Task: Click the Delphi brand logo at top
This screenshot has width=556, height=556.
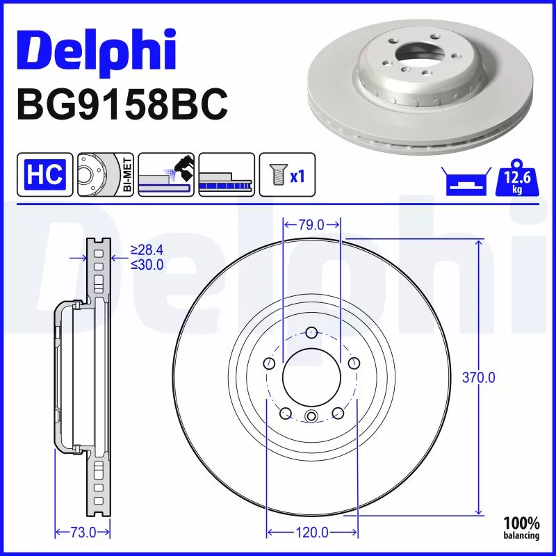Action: coord(96,49)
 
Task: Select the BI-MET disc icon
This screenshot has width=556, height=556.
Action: coord(105,174)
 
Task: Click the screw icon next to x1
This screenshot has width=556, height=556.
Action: coord(276,174)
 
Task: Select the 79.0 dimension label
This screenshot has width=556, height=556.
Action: coord(311,224)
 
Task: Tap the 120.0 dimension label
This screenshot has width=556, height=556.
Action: coord(311,532)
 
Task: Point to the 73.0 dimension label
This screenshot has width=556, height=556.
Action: coord(82,532)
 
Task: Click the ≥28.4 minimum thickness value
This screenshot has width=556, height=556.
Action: coord(147,251)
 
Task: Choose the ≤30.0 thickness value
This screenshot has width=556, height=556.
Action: coord(147,265)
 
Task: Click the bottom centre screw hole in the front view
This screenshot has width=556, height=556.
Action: coord(311,416)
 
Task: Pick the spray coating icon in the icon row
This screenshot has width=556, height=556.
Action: coord(165,174)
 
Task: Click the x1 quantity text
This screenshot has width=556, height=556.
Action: coord(297,176)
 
